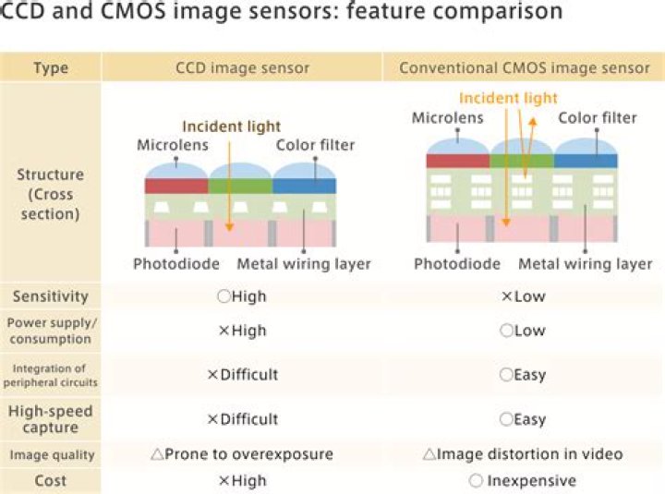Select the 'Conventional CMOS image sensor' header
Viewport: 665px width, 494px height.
[x=524, y=68]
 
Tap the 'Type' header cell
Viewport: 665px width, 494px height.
[x=51, y=68]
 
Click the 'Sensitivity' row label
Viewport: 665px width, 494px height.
[x=51, y=296]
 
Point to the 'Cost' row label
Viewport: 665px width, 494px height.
[x=51, y=480]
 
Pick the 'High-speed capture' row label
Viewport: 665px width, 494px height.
[x=51, y=418]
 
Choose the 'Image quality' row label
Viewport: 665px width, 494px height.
[x=51, y=454]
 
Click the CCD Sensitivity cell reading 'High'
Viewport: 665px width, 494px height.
[x=241, y=296]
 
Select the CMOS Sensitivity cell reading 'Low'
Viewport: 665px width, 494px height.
[x=523, y=296]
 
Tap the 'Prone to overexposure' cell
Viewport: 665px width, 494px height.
[x=241, y=454]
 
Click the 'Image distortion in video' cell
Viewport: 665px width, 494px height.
[x=523, y=454]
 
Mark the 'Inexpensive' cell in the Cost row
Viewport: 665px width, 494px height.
[x=523, y=480]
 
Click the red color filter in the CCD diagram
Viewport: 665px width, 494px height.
[x=176, y=185]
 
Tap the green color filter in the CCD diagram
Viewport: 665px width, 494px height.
[x=240, y=185]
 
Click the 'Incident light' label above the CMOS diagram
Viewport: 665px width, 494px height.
[x=508, y=98]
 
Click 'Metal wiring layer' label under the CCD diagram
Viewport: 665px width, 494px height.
[x=304, y=264]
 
